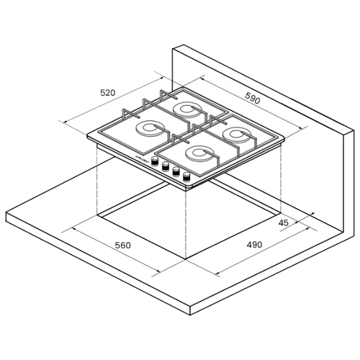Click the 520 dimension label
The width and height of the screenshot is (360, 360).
108,93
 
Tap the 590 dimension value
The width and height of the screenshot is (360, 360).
253,98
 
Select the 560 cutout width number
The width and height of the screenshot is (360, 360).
123,246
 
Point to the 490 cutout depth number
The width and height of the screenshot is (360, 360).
254,245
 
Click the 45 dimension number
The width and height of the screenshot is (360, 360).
283,223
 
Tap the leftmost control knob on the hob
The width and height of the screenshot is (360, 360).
155,161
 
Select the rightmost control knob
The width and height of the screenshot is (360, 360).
186,177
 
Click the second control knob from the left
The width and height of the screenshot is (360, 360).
165,166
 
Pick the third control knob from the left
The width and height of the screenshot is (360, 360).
176,171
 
